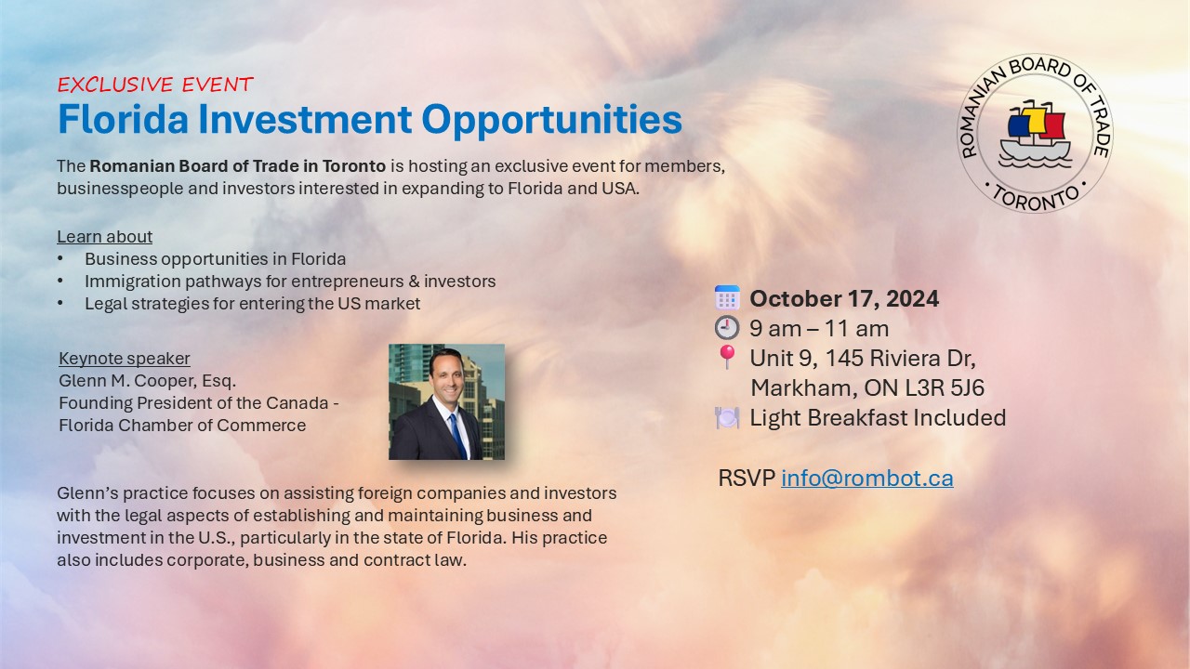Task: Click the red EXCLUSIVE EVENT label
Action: coord(154,85)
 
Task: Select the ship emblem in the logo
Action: coord(1035,133)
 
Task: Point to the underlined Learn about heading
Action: coord(104,237)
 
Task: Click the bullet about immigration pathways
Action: coord(290,281)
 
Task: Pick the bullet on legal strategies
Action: coord(252,304)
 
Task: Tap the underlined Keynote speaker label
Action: coord(124,359)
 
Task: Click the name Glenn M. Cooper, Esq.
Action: coord(147,381)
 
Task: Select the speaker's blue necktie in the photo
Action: coord(456,432)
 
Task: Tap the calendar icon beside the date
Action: coord(727,298)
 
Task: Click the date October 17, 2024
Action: coord(844,298)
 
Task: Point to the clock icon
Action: coord(727,328)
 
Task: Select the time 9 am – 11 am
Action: coord(819,328)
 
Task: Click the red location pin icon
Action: coord(727,357)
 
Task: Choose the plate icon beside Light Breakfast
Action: coord(727,418)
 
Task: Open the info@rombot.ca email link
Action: coord(866,478)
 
